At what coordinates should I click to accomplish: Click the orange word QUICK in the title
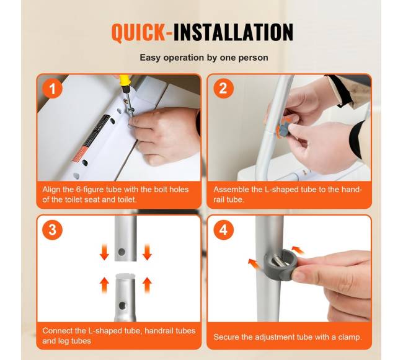tap(139, 32)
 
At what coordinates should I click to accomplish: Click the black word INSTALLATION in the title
tap(233, 32)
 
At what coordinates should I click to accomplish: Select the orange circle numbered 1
tap(53, 89)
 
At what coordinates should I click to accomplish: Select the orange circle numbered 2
tap(223, 89)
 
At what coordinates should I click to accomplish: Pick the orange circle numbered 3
tap(53, 229)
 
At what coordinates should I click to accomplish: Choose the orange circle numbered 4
tap(223, 229)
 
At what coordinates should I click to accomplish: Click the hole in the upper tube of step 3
tap(122, 252)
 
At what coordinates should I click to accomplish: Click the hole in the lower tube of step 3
tap(122, 305)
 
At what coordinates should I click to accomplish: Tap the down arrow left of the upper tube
tap(104, 252)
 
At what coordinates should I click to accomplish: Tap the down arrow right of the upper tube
tap(147, 252)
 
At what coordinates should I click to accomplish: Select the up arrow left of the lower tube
tap(104, 285)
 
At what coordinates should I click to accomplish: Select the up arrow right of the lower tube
tap(147, 285)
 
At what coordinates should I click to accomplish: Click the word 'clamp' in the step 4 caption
tap(350, 337)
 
